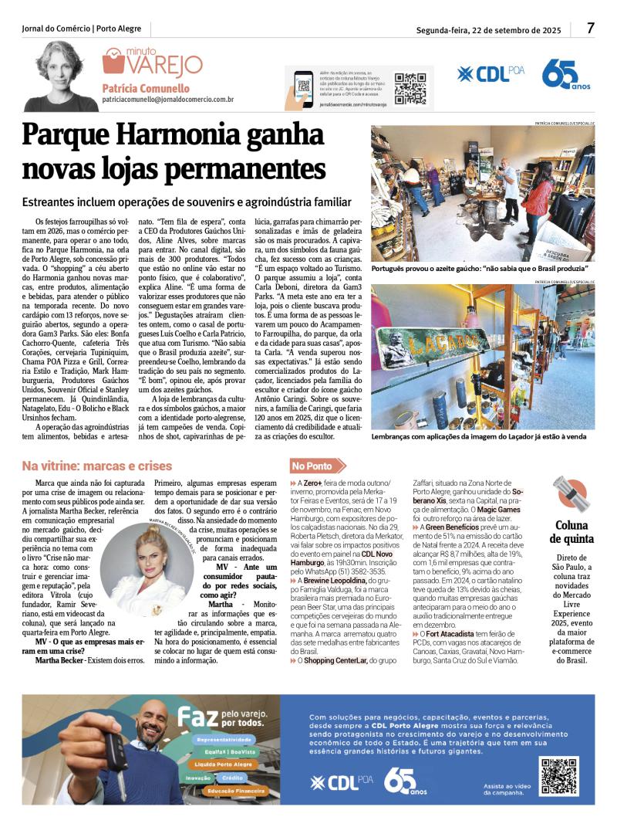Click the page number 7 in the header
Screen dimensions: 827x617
590,28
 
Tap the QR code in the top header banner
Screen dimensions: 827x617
410,89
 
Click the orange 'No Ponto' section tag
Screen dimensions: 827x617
312,466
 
